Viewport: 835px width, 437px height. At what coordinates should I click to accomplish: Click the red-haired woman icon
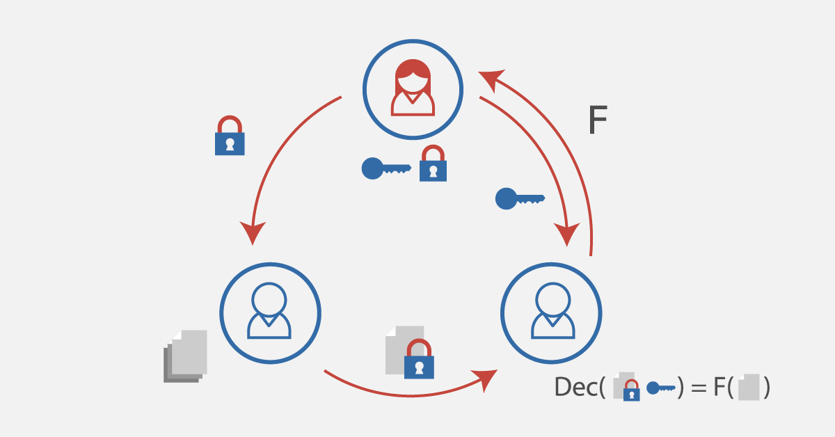413,87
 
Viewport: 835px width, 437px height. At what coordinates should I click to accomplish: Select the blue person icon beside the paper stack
269,310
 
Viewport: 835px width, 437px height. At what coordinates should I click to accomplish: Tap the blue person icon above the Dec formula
552,310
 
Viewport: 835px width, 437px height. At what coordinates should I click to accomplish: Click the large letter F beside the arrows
598,119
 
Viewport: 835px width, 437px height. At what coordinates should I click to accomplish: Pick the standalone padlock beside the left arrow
230,136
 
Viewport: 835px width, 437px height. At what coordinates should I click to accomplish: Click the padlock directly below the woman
433,164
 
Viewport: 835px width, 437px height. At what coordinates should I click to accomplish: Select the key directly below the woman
386,168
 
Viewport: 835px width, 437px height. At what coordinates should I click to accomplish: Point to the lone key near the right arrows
520,199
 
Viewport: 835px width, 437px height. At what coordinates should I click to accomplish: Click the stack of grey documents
185,356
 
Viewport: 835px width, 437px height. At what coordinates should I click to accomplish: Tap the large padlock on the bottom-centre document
419,358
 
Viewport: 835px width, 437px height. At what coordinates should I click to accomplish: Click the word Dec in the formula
576,387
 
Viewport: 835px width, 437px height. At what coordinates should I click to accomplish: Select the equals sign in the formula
699,388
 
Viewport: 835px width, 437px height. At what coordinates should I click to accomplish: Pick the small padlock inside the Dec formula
632,390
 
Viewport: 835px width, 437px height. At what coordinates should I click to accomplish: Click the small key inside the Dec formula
661,388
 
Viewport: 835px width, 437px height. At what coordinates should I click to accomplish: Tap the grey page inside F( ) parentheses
749,388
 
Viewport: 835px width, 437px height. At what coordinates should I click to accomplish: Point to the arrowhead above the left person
253,233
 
